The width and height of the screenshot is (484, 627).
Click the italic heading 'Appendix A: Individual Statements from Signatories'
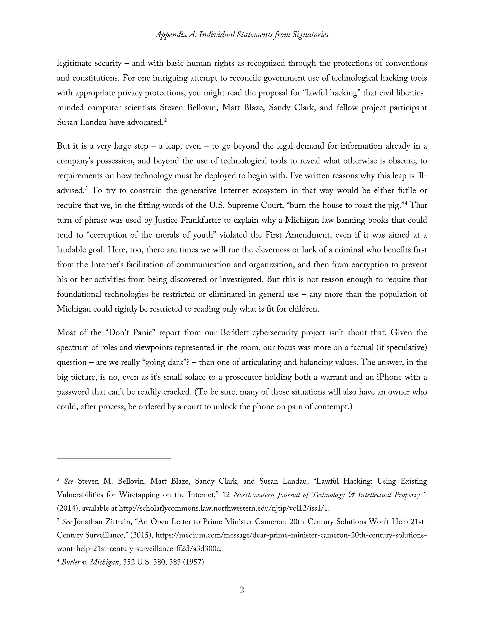pos(242,35)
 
